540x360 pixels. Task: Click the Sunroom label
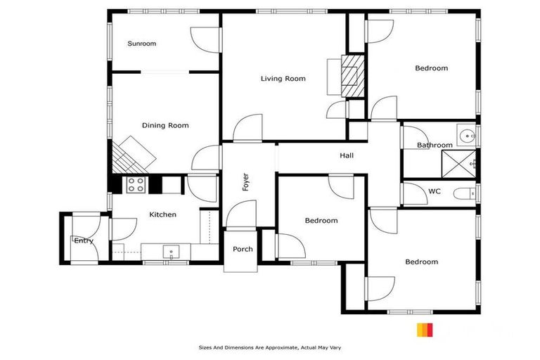(x=141, y=44)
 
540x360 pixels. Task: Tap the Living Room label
(x=283, y=79)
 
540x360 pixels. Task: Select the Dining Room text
(x=165, y=126)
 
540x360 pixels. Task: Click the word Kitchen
(x=162, y=214)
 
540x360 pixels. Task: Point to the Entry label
(x=84, y=241)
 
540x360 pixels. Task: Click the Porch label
(x=243, y=249)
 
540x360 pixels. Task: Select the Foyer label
(x=246, y=182)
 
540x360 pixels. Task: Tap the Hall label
(x=347, y=155)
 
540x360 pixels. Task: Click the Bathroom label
(x=435, y=146)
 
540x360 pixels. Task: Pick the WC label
(x=434, y=191)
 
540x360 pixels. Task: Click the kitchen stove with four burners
(x=136, y=185)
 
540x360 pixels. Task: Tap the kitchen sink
(x=171, y=251)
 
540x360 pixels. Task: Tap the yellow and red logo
(x=425, y=330)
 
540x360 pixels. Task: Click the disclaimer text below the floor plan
(x=270, y=347)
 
